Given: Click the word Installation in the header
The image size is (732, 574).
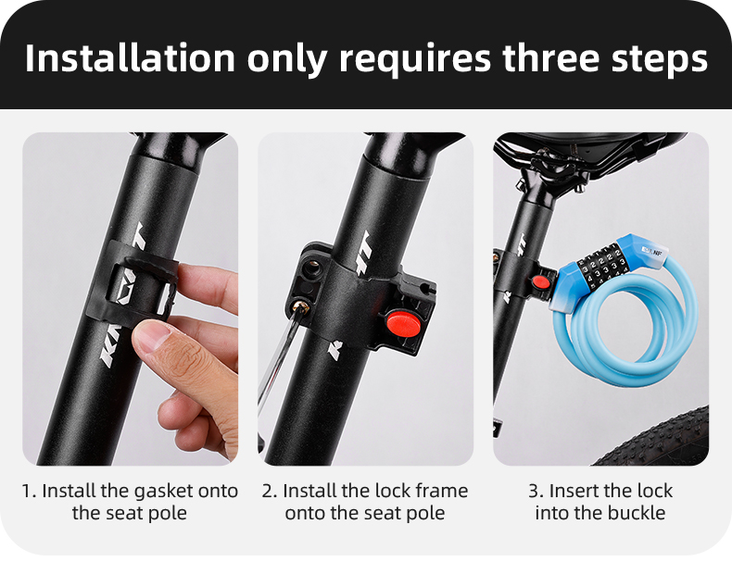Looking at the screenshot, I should coord(130,57).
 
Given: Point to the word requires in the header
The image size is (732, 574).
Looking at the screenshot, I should coord(414,59).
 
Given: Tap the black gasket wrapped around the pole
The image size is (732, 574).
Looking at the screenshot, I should coord(139,278).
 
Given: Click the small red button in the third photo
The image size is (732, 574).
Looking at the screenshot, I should coord(540,281).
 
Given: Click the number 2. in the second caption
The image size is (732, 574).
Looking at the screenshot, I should coord(270,491).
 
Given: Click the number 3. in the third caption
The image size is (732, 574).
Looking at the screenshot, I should coord(536,491).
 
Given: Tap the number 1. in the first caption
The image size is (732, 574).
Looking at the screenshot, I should coord(29,491).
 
